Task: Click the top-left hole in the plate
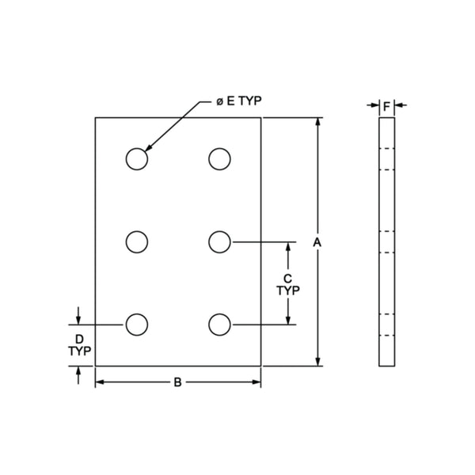pyautogui.click(x=136, y=158)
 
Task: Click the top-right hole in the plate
pyautogui.click(x=219, y=158)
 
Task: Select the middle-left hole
pyautogui.click(x=136, y=241)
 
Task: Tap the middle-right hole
pyautogui.click(x=219, y=241)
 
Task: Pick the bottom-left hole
pyautogui.click(x=136, y=324)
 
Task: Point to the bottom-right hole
pyautogui.click(x=219, y=324)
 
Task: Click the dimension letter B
pyautogui.click(x=178, y=383)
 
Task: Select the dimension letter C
pyautogui.click(x=288, y=278)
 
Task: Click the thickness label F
pyautogui.click(x=386, y=104)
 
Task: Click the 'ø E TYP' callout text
pyautogui.click(x=238, y=101)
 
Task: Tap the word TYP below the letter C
pyautogui.click(x=288, y=291)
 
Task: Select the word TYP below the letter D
pyautogui.click(x=78, y=350)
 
